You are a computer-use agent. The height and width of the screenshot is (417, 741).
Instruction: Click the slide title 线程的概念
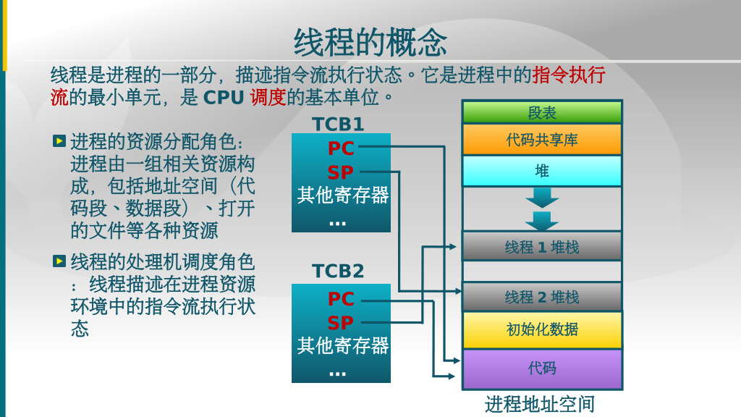[x=370, y=42]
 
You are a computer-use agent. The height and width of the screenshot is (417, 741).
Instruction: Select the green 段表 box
[x=542, y=112]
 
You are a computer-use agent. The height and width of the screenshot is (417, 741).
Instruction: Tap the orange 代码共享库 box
[x=542, y=140]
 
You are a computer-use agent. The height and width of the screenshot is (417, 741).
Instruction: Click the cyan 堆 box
[x=542, y=171]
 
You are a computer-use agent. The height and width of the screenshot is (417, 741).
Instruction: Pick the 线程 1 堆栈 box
[x=542, y=247]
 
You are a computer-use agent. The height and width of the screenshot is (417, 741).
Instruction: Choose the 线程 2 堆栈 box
[x=542, y=297]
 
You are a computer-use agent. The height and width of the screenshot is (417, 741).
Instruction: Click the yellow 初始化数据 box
[x=542, y=329]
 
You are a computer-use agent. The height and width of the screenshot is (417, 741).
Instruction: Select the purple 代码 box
[x=542, y=368]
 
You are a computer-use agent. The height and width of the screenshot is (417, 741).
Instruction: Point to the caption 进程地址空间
[x=539, y=404]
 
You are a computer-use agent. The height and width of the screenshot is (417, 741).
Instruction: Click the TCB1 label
[x=338, y=125]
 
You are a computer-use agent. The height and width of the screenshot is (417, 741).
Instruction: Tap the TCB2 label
[x=338, y=271]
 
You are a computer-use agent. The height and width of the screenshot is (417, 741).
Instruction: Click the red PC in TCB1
[x=341, y=148]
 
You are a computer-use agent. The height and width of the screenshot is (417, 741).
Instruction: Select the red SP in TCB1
[x=341, y=173]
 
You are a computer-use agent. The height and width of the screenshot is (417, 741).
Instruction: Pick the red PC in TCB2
[x=341, y=299]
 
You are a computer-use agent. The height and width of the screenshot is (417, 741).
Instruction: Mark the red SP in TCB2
[x=341, y=323]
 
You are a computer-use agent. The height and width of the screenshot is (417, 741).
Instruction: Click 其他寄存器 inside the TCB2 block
[x=342, y=345]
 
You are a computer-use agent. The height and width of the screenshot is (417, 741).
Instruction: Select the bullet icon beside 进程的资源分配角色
[x=59, y=140]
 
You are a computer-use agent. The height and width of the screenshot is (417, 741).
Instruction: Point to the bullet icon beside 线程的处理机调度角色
[x=59, y=261]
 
